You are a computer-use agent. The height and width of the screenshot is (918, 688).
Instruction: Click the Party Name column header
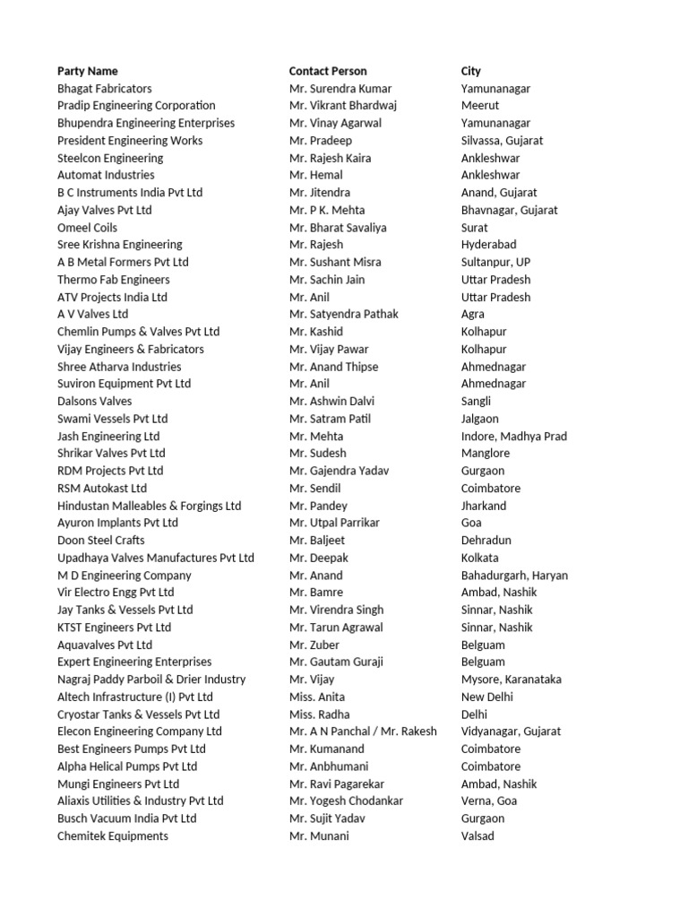click(88, 71)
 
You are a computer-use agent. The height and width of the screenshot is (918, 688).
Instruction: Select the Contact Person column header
click(328, 71)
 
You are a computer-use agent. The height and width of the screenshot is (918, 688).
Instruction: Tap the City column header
click(471, 71)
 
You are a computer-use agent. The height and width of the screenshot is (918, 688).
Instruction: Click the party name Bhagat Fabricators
click(105, 89)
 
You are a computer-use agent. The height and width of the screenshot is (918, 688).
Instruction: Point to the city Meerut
click(479, 106)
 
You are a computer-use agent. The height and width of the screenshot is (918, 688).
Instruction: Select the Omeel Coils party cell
click(88, 228)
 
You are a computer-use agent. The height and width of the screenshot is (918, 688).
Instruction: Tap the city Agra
click(473, 315)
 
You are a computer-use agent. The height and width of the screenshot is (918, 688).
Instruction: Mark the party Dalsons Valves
click(95, 402)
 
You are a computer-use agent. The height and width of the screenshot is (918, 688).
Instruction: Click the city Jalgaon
click(480, 419)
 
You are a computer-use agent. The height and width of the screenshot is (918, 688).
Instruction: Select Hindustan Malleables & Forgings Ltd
click(150, 506)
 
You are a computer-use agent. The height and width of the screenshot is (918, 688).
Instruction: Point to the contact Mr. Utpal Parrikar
click(334, 523)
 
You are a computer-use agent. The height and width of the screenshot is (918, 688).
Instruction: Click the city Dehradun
click(486, 541)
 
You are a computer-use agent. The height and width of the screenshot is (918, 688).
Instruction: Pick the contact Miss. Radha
click(318, 714)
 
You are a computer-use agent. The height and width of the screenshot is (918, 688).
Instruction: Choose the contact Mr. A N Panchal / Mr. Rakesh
click(363, 732)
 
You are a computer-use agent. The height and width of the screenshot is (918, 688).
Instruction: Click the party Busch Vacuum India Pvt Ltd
click(127, 818)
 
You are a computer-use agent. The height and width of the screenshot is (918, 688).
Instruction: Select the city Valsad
click(477, 836)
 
